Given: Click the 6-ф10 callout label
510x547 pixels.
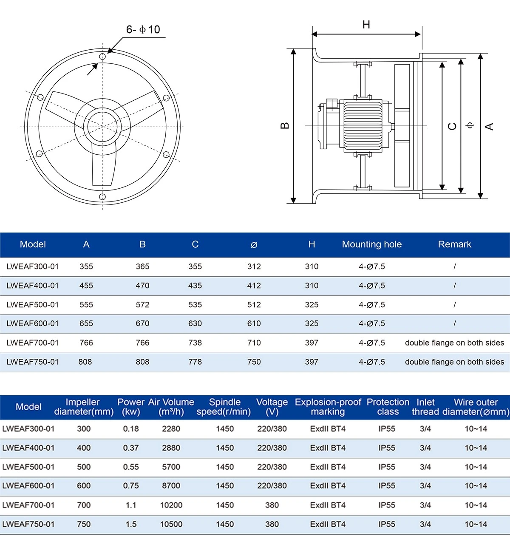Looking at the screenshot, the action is [x=143, y=29].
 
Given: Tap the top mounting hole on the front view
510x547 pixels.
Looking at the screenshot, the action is [x=102, y=57].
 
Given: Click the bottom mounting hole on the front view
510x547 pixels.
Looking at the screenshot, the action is [x=102, y=197].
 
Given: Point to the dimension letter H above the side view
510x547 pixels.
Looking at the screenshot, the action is [x=366, y=25].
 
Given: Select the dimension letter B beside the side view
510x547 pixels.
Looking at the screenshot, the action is [x=285, y=126].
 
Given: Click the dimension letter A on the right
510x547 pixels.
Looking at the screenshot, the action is [x=489, y=126].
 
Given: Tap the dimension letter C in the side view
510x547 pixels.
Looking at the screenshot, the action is [x=452, y=126].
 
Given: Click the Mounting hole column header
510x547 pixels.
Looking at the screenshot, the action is [x=372, y=244].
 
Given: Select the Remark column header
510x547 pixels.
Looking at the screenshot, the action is [x=455, y=244].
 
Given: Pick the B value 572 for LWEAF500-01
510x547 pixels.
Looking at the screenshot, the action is [x=142, y=305].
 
